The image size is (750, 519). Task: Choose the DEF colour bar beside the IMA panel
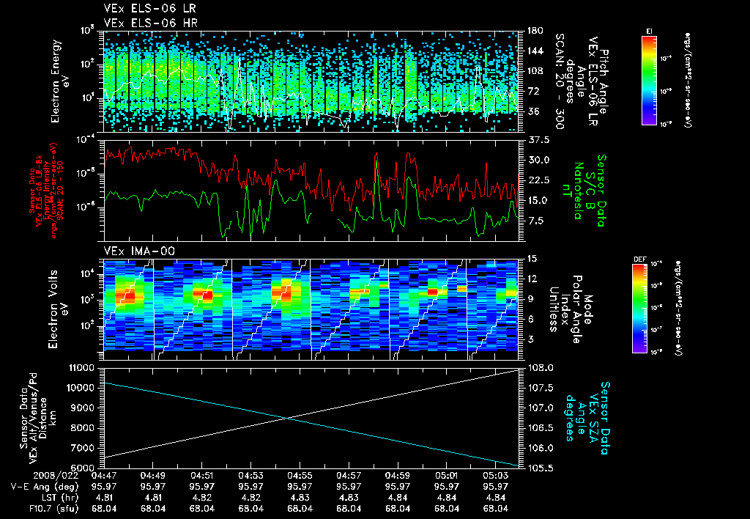tap(639, 308)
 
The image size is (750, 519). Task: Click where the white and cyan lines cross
tap(287, 418)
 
